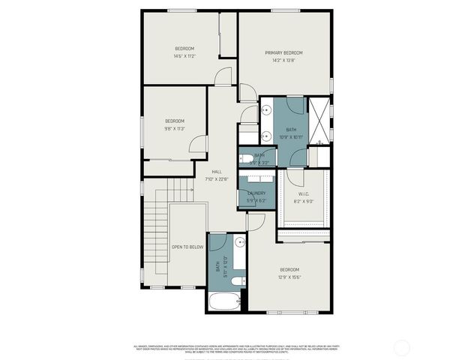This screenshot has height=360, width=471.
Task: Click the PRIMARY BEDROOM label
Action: click(283, 52)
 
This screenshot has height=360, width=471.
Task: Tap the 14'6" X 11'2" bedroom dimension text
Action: click(184, 56)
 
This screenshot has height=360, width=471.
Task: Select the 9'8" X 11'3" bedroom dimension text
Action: click(175, 128)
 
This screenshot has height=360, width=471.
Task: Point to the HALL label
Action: click(217, 171)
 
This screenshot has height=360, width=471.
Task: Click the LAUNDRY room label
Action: click(256, 193)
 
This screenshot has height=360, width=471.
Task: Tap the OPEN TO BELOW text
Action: click(187, 247)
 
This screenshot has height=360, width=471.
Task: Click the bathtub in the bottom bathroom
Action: click(223, 303)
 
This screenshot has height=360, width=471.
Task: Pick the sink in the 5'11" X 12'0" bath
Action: click(238, 243)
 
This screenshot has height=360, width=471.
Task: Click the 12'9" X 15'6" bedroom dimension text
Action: click(289, 277)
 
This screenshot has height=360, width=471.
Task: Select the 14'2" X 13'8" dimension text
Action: click(283, 61)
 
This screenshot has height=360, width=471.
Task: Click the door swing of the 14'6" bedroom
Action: click(222, 76)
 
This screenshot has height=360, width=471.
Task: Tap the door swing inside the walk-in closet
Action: click(294, 178)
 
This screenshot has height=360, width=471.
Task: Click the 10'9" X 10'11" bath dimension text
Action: click(291, 137)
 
